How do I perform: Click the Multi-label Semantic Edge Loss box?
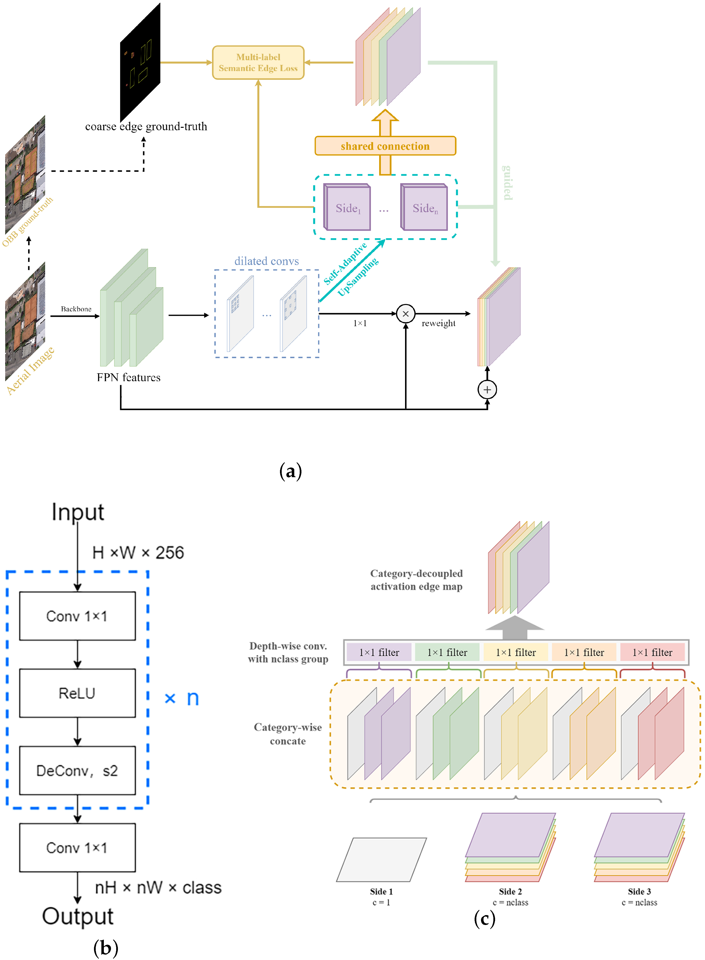(x=258, y=63)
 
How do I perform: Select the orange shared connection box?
(x=385, y=146)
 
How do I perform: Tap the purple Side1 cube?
(x=347, y=207)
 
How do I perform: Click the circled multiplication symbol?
(x=406, y=314)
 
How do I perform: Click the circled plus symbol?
(x=487, y=389)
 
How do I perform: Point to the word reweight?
(x=438, y=323)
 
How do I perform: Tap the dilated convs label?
(x=266, y=261)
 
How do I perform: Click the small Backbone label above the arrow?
(x=76, y=309)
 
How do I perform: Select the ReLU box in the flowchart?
(x=77, y=693)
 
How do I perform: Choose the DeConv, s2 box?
(x=77, y=771)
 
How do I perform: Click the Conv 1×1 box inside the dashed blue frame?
(x=77, y=616)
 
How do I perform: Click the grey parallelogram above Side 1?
(x=381, y=859)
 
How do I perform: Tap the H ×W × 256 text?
(x=138, y=553)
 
